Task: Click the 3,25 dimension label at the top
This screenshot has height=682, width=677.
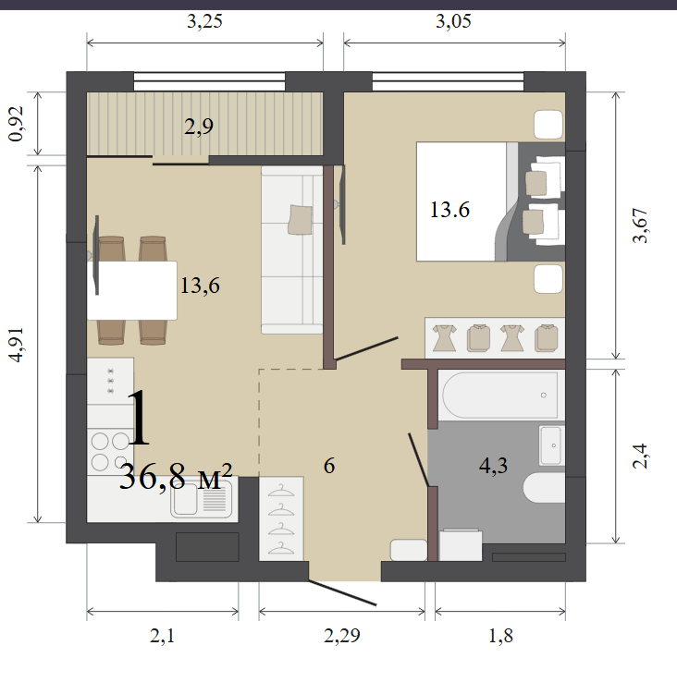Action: coord(204,21)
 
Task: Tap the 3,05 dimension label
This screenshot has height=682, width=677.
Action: coord(453,21)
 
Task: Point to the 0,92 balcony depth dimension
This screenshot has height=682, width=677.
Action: coord(17,124)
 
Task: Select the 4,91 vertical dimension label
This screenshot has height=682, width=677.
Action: coord(17,345)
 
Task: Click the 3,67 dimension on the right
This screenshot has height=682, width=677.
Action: coord(640,225)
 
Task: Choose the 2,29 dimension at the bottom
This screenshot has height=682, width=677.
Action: coord(342,636)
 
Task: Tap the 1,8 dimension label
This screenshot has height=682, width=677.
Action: coord(500,636)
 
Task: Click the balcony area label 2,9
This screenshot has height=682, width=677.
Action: coord(199,127)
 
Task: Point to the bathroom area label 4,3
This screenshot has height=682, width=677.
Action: coord(493,466)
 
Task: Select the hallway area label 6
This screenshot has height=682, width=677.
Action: coord(329,466)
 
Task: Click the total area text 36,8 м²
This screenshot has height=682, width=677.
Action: coord(176,477)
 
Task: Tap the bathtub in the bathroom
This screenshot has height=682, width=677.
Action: coord(500,395)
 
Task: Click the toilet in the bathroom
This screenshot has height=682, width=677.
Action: coord(544,488)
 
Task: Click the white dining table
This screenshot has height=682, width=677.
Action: coord(132,290)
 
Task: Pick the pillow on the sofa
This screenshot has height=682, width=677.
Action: coord(300,220)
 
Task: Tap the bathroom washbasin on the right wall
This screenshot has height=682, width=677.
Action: coord(551,445)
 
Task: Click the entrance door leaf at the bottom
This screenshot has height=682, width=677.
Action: coord(342,592)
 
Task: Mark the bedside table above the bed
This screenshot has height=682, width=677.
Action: coord(548,125)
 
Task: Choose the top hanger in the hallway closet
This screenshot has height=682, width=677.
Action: coord(281,491)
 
